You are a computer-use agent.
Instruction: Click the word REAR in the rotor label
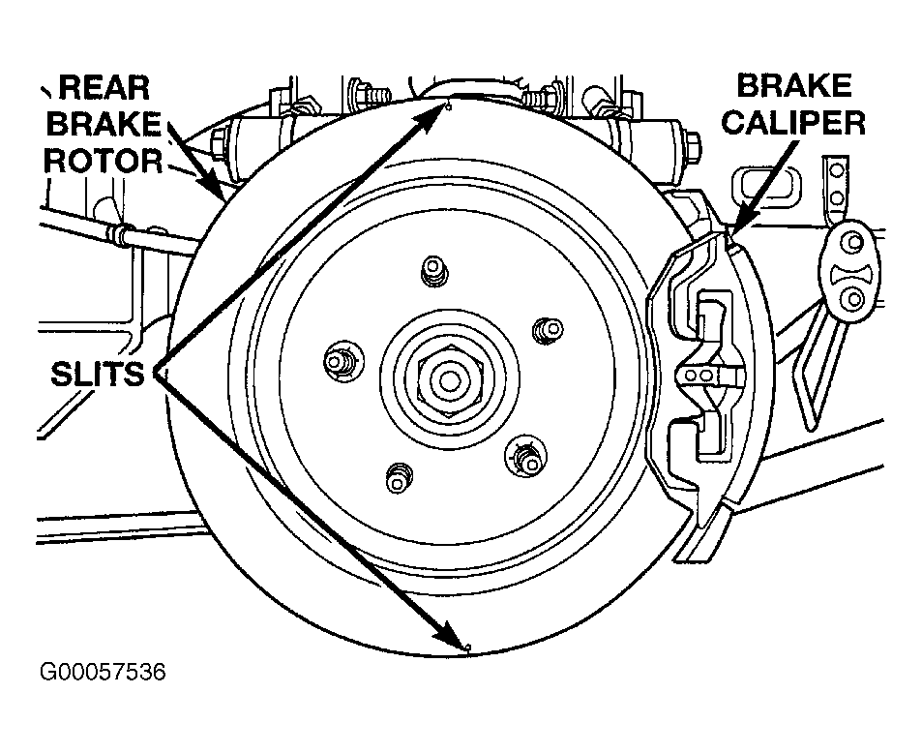(104, 88)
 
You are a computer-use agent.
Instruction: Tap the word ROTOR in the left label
(104, 161)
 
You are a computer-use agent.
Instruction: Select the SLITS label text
(98, 374)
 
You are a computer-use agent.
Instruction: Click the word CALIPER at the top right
(793, 122)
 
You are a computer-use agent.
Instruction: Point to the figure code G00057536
(103, 672)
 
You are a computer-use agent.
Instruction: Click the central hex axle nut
(449, 380)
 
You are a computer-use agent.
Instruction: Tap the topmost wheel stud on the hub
(434, 271)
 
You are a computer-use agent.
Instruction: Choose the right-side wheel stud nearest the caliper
(547, 331)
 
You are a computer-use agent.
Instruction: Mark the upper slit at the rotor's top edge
(449, 106)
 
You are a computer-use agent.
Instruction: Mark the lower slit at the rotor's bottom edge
(467, 648)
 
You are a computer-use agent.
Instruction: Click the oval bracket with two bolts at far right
(849, 271)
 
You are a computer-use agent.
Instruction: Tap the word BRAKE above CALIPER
(794, 86)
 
